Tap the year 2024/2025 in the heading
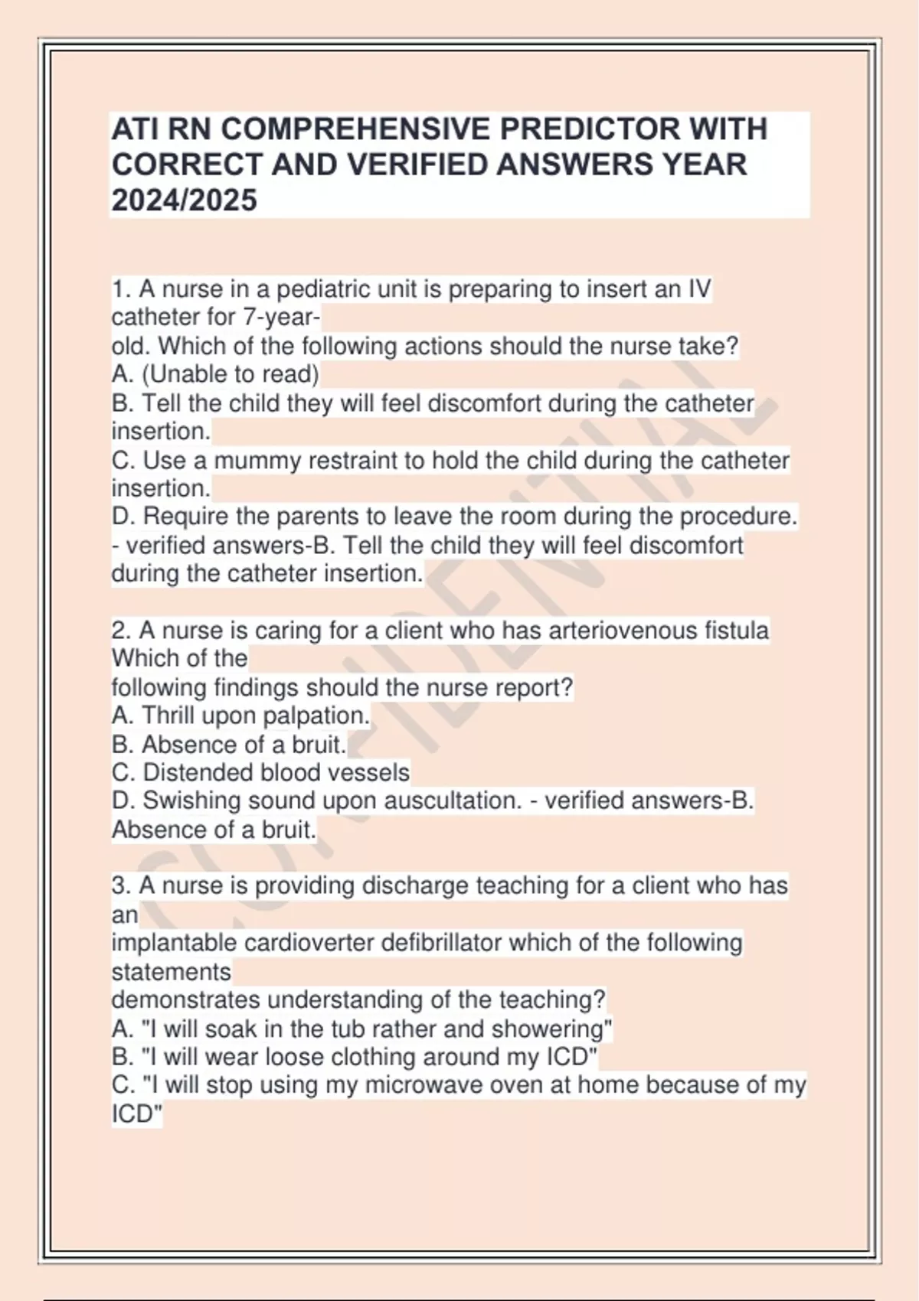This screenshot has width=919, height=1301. coord(185,201)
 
